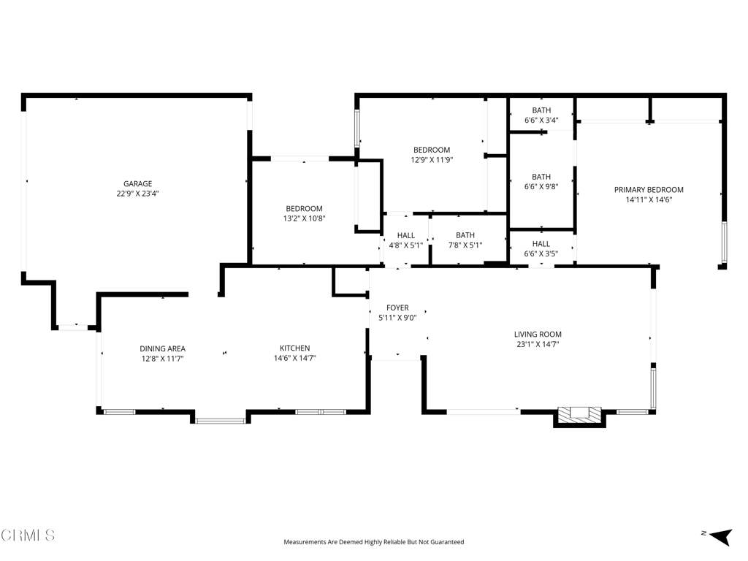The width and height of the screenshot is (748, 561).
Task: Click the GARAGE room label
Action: pyautogui.click(x=137, y=184)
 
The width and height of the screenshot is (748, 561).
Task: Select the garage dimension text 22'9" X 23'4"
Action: pyautogui.click(x=137, y=194)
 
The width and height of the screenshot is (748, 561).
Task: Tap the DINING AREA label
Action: pyautogui.click(x=162, y=348)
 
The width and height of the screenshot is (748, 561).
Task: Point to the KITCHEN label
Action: pyautogui.click(x=295, y=348)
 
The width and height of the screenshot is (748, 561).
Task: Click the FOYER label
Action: pyautogui.click(x=397, y=308)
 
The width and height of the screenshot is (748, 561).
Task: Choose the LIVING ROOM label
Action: pyautogui.click(x=538, y=335)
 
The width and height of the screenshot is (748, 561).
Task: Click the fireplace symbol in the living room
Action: pyautogui.click(x=581, y=415)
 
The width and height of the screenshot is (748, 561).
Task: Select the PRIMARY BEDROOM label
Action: pyautogui.click(x=649, y=190)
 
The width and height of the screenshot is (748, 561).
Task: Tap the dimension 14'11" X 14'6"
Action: pyautogui.click(x=649, y=200)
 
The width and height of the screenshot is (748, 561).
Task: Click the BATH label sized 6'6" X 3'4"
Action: pyautogui.click(x=541, y=110)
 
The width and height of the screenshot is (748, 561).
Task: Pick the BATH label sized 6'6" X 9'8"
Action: pyautogui.click(x=541, y=177)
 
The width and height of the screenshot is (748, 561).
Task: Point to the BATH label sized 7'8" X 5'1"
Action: pyautogui.click(x=465, y=235)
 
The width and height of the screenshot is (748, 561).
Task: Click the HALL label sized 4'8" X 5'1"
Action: pyautogui.click(x=406, y=235)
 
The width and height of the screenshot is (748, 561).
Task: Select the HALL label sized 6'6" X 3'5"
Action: pyautogui.click(x=541, y=244)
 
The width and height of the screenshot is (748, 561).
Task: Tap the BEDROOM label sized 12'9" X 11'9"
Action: pyautogui.click(x=432, y=150)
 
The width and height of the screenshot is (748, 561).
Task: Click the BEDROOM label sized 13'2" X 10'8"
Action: pyautogui.click(x=304, y=208)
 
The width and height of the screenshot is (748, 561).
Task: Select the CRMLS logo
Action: pyautogui.click(x=28, y=535)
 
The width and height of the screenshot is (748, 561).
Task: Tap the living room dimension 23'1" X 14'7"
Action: pyautogui.click(x=538, y=345)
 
